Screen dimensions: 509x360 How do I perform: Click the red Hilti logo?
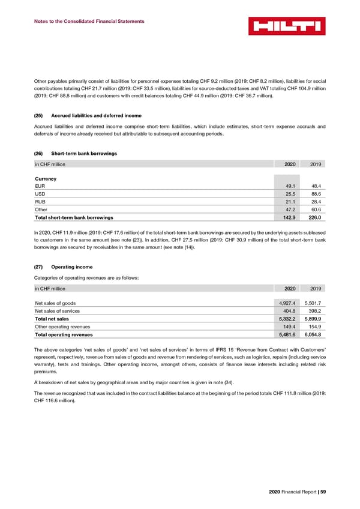click(x=287, y=26)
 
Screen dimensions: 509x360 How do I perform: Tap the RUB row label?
click(x=40, y=206)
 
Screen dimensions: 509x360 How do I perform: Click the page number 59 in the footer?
click(x=322, y=493)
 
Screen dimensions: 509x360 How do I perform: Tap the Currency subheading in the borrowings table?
click(x=46, y=179)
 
